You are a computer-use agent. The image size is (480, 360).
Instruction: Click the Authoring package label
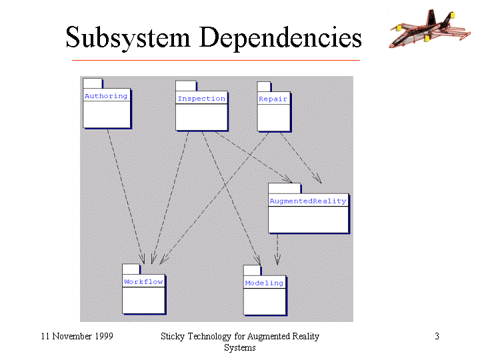[106, 96]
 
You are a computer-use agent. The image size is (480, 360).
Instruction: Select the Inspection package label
[201, 99]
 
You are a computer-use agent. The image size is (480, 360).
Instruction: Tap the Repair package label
[273, 99]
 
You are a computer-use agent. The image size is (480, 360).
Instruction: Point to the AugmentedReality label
[308, 201]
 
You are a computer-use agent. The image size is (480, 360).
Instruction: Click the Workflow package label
[143, 281]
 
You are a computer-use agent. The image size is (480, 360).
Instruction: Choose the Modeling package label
[264, 283]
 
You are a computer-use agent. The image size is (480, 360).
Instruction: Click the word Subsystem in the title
[128, 38]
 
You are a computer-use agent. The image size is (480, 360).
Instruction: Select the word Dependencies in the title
[281, 38]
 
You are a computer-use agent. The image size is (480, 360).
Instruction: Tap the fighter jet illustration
[430, 29]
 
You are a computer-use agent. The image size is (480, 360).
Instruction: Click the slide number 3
[437, 336]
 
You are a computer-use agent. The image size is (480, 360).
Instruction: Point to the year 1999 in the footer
[104, 336]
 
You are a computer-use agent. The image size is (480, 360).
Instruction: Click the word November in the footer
[72, 336]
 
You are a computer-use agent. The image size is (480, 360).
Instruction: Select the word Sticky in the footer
[173, 337]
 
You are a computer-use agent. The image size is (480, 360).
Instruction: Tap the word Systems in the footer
[240, 348]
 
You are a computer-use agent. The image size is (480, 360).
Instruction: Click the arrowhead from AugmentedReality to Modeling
[277, 260]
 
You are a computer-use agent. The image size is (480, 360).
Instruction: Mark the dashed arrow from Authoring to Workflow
[126, 196]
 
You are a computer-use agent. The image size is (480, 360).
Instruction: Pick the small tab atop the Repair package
[264, 87]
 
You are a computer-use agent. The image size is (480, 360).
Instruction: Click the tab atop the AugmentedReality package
[285, 189]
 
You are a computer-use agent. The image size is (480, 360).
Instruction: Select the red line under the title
[216, 60]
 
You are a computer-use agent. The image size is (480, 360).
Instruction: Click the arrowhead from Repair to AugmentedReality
[318, 179]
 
